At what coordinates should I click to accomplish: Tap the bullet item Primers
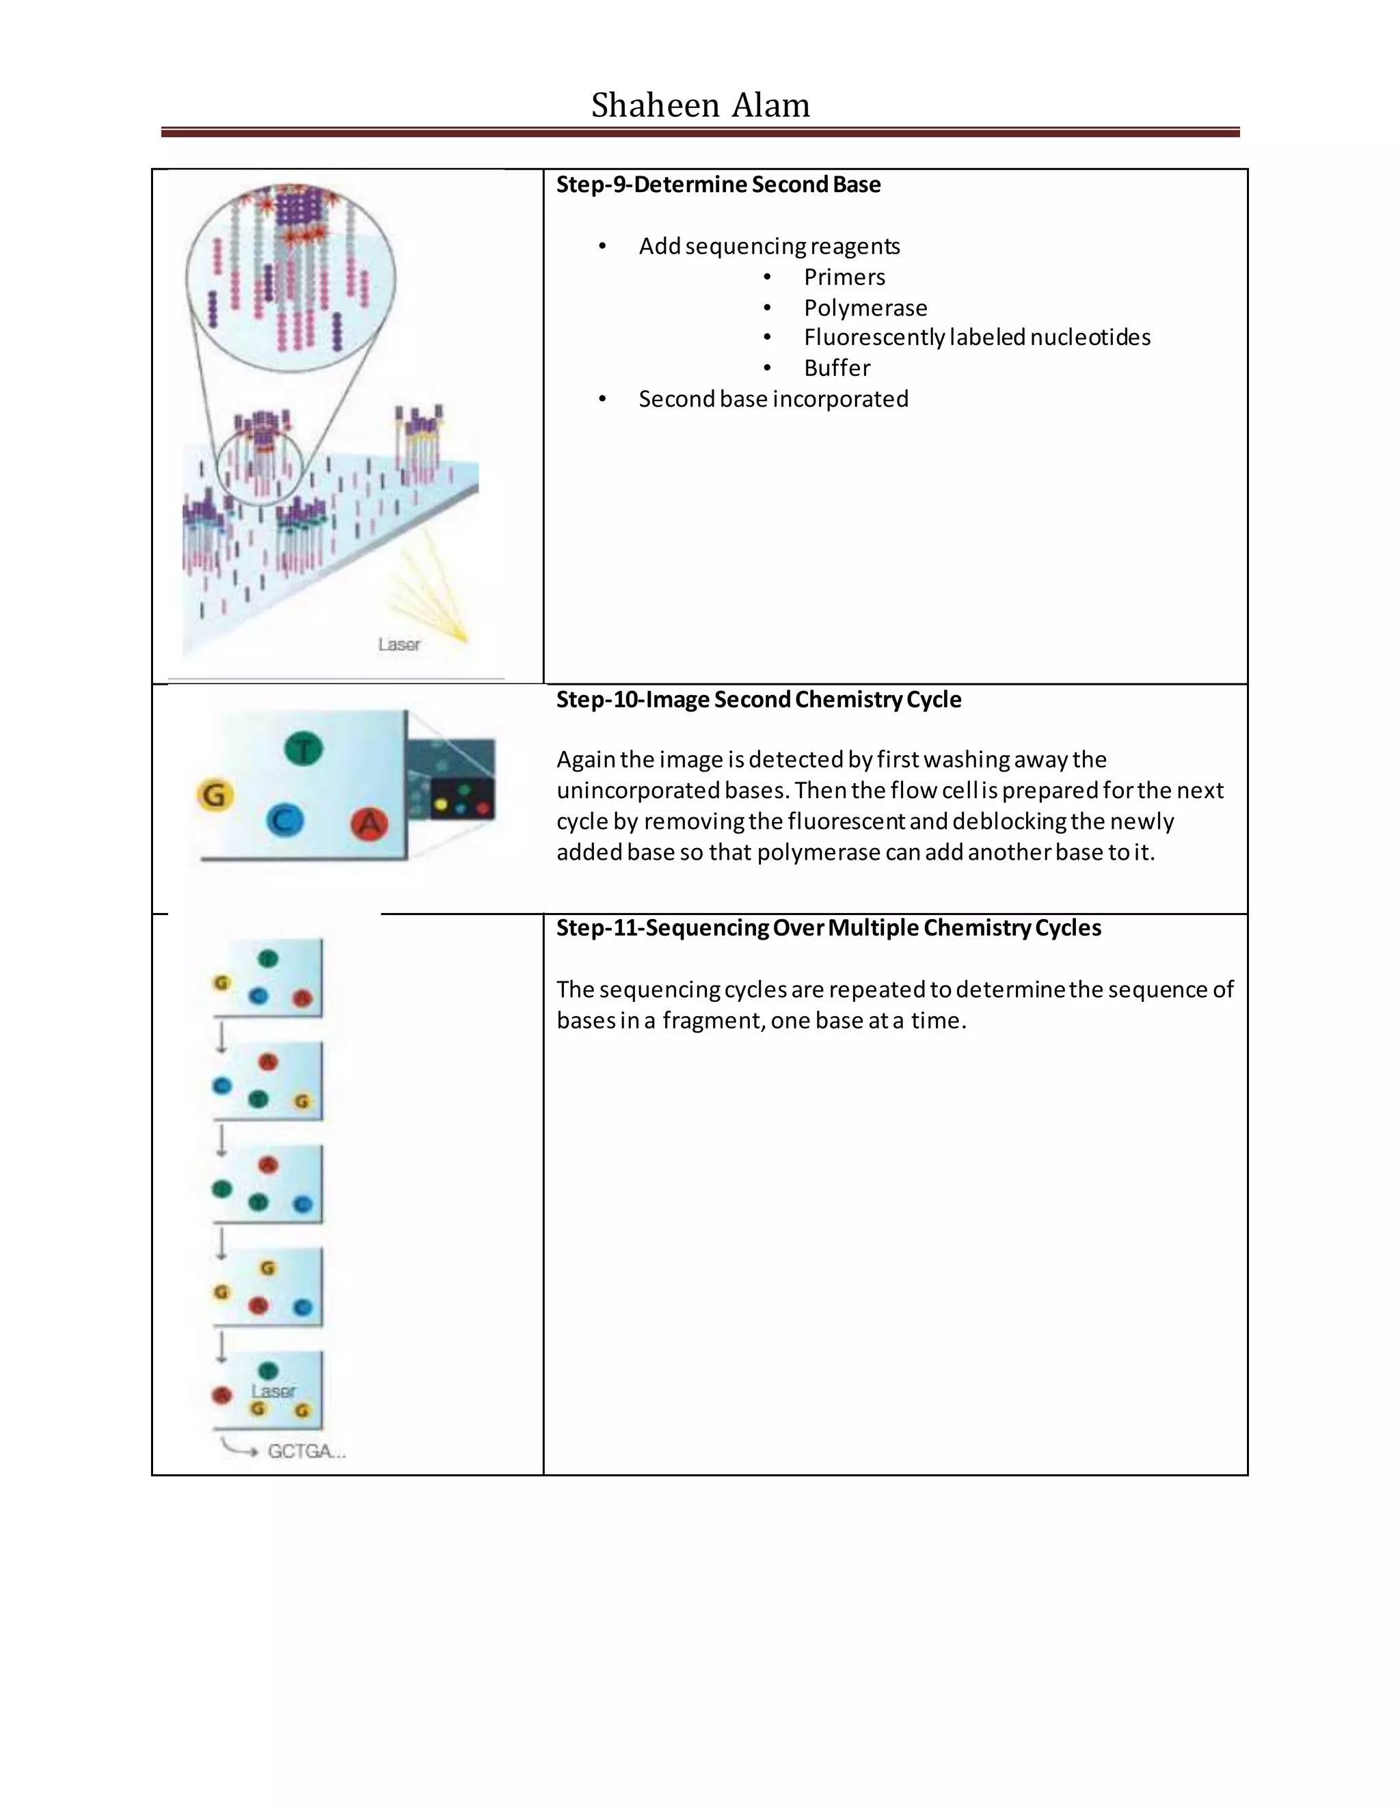844,277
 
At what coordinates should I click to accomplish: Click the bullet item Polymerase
865,308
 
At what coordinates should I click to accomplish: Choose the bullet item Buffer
836,368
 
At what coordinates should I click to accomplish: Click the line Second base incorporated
772,399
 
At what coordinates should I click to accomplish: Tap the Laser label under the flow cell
399,644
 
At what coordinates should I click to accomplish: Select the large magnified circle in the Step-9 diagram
291,277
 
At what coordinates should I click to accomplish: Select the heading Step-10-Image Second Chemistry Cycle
758,699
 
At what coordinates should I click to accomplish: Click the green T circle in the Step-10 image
304,749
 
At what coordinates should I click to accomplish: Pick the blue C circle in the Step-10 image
284,821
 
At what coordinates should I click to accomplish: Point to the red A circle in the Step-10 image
369,824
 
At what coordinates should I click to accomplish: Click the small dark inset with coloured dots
462,798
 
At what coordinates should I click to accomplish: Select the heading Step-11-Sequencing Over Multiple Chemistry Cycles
828,927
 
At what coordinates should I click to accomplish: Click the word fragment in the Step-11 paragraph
712,1021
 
